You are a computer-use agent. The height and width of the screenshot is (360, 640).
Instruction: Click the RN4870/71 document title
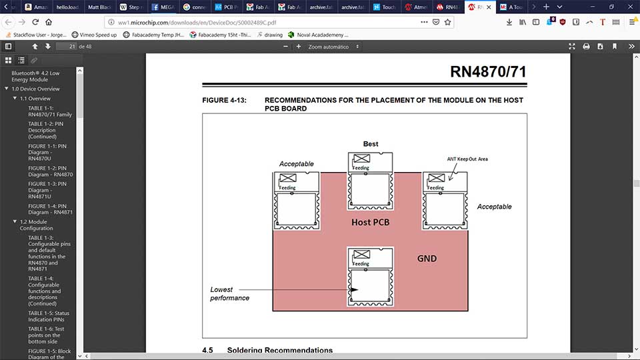tap(492, 72)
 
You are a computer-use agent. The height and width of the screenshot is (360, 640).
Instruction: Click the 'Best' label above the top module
tap(371, 144)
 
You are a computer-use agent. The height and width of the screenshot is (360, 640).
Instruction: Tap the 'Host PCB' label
tap(371, 222)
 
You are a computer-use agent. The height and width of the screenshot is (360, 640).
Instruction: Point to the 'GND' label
tap(427, 258)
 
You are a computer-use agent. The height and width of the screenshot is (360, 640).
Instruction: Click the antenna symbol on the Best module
tap(362, 159)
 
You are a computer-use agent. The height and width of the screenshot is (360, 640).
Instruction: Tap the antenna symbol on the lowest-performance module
tap(361, 255)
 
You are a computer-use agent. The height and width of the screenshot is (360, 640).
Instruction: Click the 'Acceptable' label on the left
tap(296, 164)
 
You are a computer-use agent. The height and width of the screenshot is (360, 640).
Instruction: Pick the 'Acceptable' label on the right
tap(494, 207)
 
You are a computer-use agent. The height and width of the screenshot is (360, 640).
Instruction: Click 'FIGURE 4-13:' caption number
tap(224, 101)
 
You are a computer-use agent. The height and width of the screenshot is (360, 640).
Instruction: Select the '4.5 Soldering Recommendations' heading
tap(267, 350)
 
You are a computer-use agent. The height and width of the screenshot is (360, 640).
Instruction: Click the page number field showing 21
tap(65, 47)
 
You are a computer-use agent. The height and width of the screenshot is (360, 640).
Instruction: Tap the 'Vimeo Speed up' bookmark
tap(93, 35)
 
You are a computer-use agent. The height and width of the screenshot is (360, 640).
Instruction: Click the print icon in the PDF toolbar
tap(586, 47)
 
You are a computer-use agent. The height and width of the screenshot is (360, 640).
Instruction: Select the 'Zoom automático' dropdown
tap(333, 47)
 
